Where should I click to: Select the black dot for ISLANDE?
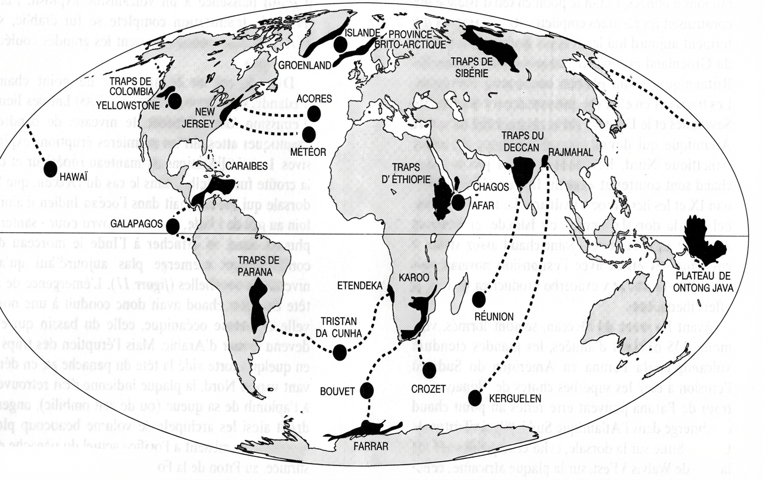(x=339, y=44)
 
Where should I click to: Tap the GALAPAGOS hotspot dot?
(x=173, y=227)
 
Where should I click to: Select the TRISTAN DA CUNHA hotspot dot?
(x=339, y=352)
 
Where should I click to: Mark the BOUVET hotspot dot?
(x=366, y=389)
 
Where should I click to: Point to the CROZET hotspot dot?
(x=430, y=369)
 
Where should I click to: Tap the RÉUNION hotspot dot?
(x=479, y=299)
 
